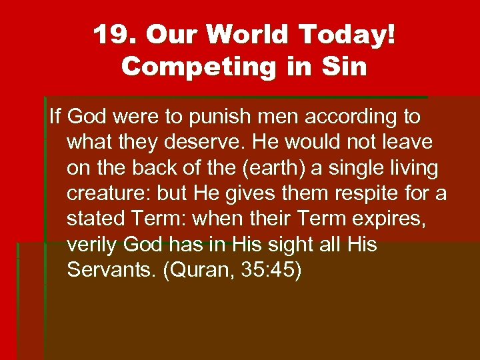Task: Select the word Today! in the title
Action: point(353,35)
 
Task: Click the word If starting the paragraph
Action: point(55,117)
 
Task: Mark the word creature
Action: point(107,193)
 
